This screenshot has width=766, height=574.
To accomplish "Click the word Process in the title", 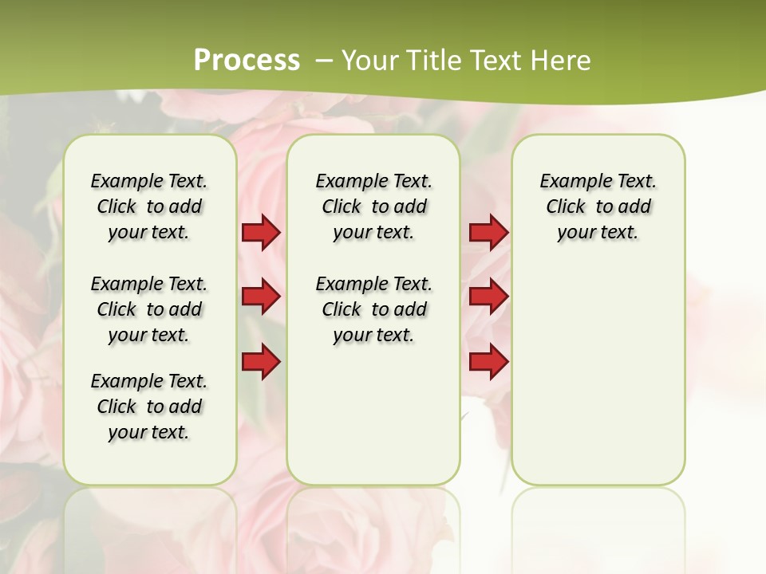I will (x=247, y=60).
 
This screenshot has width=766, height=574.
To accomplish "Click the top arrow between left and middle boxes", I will (x=261, y=233).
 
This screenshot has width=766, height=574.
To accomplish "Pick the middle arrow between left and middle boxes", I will (x=261, y=297).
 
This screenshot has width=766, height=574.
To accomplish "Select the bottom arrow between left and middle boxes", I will (x=261, y=362).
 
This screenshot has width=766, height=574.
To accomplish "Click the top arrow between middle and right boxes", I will (x=488, y=233).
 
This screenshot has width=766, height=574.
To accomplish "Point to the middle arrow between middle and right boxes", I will (x=488, y=297).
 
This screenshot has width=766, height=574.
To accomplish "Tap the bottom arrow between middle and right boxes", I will (x=488, y=362).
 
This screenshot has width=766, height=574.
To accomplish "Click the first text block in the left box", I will (x=149, y=206).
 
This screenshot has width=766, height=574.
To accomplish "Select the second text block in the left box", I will (x=149, y=309).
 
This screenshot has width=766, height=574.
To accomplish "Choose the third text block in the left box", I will (x=149, y=407).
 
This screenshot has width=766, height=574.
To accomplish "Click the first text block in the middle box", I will (x=374, y=206).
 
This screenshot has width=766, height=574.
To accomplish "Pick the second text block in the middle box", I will (x=374, y=309).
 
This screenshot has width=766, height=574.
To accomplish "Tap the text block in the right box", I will (x=598, y=206).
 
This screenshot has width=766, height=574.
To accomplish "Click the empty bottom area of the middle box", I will (x=373, y=423).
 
